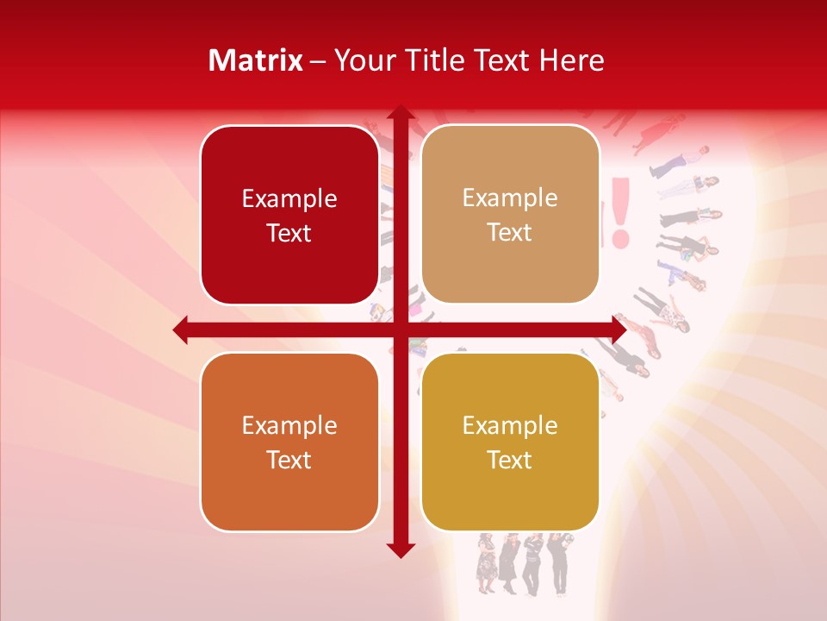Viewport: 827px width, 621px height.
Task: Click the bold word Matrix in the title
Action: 256,60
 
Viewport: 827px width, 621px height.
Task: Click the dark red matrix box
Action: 289,215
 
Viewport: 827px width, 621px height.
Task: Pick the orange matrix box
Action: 289,442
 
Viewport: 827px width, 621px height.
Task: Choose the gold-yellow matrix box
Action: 510,442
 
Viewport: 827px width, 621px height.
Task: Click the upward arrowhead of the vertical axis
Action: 401,114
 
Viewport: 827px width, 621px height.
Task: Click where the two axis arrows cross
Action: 401,330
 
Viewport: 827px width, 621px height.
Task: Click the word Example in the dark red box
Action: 289,199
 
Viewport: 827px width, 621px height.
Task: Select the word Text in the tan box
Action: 510,233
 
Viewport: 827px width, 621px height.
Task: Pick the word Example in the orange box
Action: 289,426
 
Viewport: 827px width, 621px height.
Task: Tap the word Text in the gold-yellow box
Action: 510,460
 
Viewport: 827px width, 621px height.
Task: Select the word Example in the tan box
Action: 510,198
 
